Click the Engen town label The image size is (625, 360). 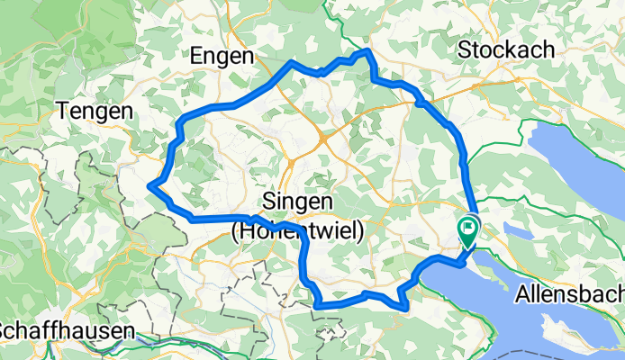point(222,56)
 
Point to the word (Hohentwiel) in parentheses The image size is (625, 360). point(298,231)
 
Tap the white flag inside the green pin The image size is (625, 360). point(469,227)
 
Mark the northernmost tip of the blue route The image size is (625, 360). point(367,51)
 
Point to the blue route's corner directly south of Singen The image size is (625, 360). point(318,305)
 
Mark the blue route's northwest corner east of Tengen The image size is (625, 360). point(183,120)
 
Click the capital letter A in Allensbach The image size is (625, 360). point(522,294)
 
